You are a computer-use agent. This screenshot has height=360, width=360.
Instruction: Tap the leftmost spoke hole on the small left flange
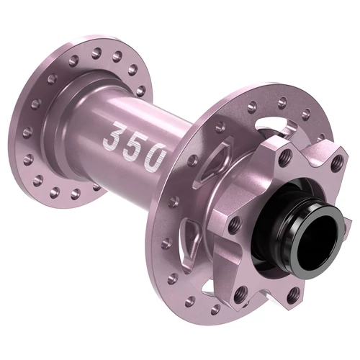coord(27,132)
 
